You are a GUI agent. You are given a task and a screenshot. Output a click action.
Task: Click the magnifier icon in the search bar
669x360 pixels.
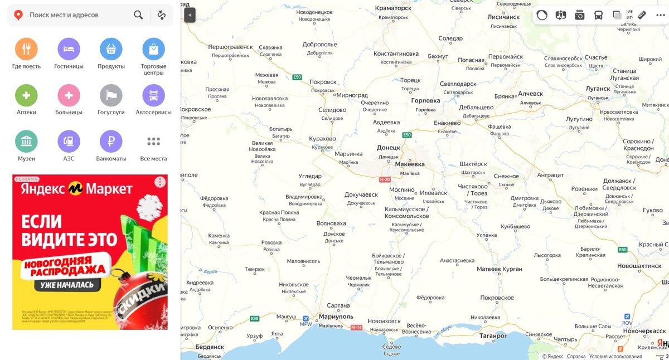click(x=138, y=15)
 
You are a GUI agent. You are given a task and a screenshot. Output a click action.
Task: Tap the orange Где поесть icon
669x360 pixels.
click(x=26, y=49)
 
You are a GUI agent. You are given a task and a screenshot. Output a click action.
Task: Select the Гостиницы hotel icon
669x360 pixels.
click(x=69, y=49)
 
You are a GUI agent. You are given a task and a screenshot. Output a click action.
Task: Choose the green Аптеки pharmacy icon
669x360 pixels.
click(x=26, y=95)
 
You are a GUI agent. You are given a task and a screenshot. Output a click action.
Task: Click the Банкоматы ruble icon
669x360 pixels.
click(x=111, y=142)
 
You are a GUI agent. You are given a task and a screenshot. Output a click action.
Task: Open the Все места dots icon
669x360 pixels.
click(x=153, y=142)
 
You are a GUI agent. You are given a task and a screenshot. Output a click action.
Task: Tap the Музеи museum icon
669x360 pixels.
click(x=26, y=142)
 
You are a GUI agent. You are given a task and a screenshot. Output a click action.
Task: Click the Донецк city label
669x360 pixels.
click(x=389, y=148)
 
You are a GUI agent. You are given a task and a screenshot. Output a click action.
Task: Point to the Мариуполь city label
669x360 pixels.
click(x=336, y=317)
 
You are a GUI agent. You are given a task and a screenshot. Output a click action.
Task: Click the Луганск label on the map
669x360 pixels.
click(x=598, y=88)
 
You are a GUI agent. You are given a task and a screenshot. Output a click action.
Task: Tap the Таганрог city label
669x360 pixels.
click(x=493, y=336)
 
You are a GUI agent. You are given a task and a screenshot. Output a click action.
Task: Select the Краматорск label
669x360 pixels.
click(x=393, y=8)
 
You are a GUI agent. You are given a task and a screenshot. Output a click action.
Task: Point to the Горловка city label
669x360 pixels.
click(x=425, y=101)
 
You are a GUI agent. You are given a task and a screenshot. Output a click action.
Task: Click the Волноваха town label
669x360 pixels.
click(x=331, y=223)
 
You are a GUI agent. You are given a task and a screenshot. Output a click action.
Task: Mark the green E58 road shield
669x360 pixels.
click(x=255, y=319)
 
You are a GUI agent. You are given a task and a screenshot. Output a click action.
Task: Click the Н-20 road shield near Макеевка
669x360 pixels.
click(x=385, y=179)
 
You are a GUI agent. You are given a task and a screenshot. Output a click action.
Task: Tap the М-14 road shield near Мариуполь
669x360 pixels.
click(x=357, y=327)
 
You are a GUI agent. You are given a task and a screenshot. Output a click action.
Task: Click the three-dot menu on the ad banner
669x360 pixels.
click(x=160, y=182)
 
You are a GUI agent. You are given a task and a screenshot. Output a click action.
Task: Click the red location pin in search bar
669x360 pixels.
click(x=18, y=15)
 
